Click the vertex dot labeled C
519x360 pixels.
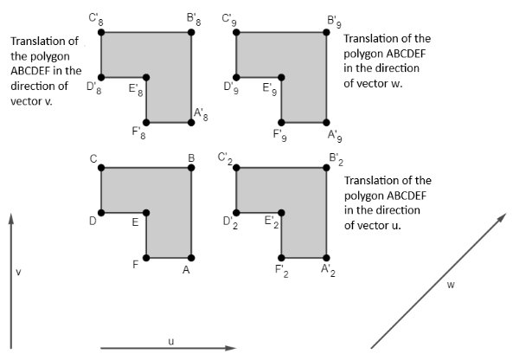pyautogui.click(x=102, y=168)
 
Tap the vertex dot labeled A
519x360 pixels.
pyautogui.click(x=191, y=257)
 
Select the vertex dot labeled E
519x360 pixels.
pyautogui.click(x=147, y=212)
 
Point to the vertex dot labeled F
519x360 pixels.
pyautogui.click(x=147, y=257)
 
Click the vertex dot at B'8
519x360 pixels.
pyautogui.click(x=191, y=32)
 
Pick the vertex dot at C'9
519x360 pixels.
pyautogui.click(x=237, y=32)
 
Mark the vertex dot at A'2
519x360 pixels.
pyautogui.click(x=326, y=257)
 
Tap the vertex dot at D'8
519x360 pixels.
pyautogui.click(x=102, y=77)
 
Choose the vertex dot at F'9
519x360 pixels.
pyautogui.click(x=281, y=122)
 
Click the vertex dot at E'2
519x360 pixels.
pyautogui.click(x=281, y=212)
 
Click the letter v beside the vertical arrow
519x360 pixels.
pyautogui.click(x=19, y=273)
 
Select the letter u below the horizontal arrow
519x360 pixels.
pyautogui.click(x=170, y=340)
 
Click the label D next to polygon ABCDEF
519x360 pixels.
pyautogui.click(x=92, y=222)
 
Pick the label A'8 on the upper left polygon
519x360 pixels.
pyautogui.click(x=200, y=113)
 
